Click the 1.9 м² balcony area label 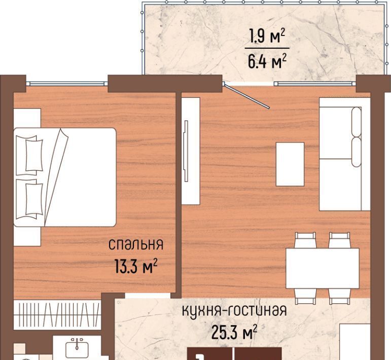(267, 37)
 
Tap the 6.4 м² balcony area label (267, 61)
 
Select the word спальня (136, 244)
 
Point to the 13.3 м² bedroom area (136, 266)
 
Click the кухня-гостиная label (234, 311)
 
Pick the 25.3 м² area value (234, 332)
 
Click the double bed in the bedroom (65, 177)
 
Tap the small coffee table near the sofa (290, 164)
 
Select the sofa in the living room (345, 154)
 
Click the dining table (323, 268)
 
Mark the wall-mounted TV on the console (186, 151)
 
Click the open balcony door (247, 96)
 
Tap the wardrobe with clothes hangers (57, 315)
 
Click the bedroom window (67, 84)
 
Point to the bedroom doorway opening (148, 296)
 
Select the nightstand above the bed (27, 118)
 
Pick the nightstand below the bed (27, 236)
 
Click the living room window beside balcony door (315, 84)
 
